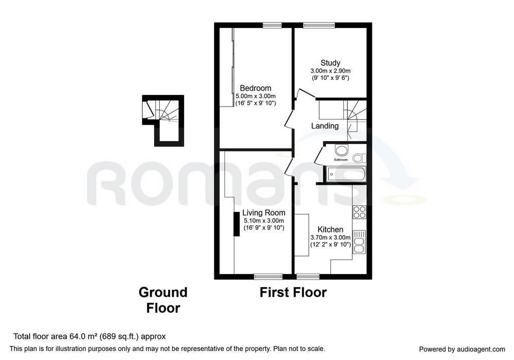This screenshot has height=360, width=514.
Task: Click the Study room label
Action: tap(330, 63)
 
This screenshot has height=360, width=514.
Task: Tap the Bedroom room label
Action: tap(255, 88)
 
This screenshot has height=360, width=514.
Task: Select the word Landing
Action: tap(325, 126)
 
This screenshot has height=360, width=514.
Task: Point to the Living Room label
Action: tap(264, 213)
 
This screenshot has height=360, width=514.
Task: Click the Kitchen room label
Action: tap(330, 229)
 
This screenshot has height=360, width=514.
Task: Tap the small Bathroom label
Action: tap(341, 160)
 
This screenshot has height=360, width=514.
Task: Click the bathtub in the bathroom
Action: tap(346, 174)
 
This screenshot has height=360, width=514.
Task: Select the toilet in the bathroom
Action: tap(359, 158)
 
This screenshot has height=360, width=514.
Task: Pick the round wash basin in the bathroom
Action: tap(341, 151)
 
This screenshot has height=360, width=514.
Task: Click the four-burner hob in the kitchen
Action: tap(359, 212)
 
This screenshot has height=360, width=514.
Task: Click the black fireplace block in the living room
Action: tap(236, 224)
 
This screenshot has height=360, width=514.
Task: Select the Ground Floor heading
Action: tap(163, 300)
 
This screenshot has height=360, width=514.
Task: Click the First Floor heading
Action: tap(293, 292)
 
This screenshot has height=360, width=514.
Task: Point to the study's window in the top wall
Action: tap(319, 25)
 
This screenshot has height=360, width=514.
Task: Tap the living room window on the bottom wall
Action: tap(269, 277)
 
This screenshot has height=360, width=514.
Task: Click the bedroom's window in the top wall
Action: tap(273, 25)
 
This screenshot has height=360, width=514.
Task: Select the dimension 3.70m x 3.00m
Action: tap(330, 237)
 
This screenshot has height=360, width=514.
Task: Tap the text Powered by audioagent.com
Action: tap(462, 349)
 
